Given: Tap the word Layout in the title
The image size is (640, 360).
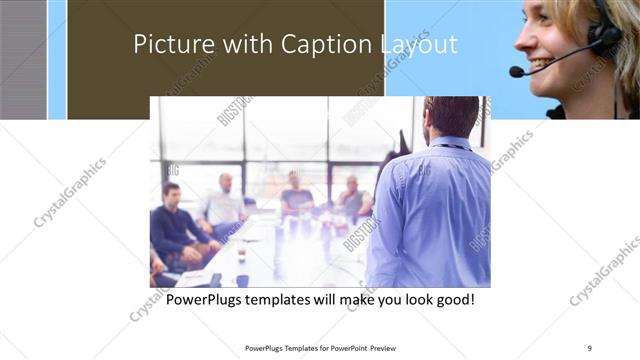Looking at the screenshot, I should pos(418,45).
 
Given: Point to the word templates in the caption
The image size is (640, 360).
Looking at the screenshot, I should pos(292,299).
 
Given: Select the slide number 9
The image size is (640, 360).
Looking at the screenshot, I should pos(589,348).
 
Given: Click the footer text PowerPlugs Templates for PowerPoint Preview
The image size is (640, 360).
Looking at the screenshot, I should pos(320,348).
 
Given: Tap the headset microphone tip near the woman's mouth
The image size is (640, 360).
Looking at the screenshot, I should pos(516,72).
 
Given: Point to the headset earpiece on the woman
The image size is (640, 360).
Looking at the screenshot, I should pos(603,37).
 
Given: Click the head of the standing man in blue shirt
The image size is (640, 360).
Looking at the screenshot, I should pos(452,117).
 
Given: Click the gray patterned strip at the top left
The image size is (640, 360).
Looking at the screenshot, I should pos(22,60).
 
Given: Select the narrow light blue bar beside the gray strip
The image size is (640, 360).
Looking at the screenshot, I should pos(56,60).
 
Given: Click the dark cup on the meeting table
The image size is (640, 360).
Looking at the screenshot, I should pos(241,256).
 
